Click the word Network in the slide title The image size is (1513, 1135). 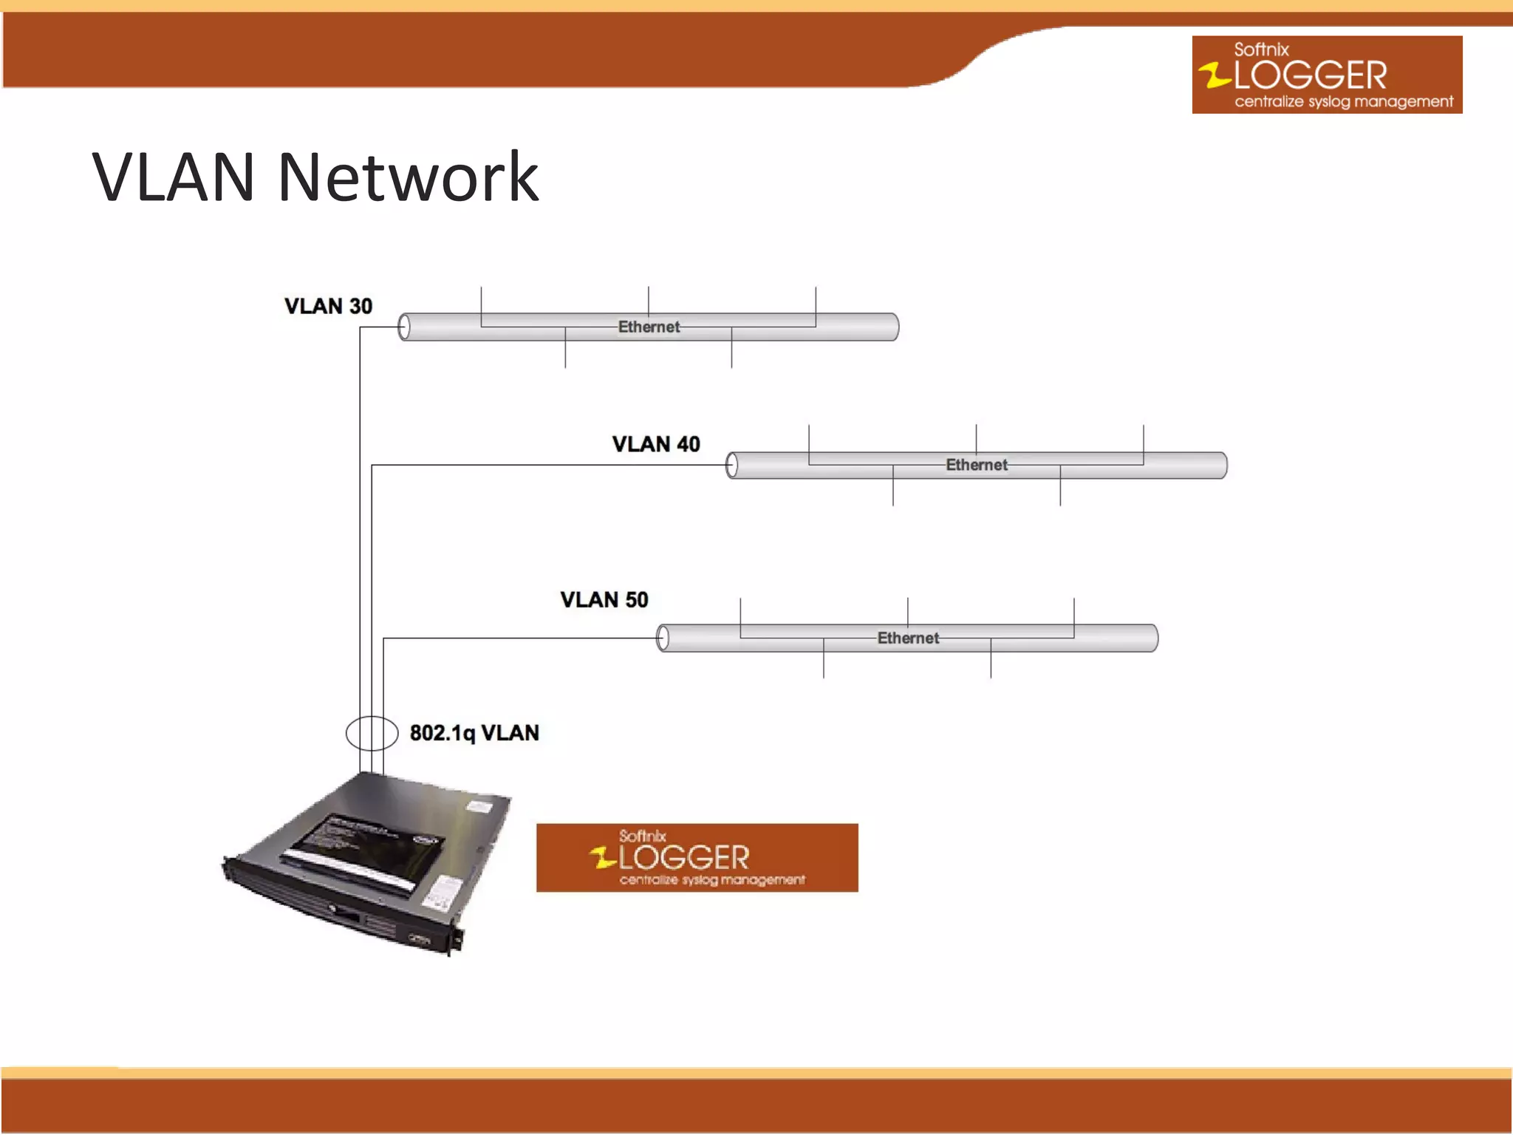[408, 177]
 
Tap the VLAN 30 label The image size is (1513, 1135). [328, 306]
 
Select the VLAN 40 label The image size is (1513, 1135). [656, 444]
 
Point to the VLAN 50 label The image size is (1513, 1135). [604, 599]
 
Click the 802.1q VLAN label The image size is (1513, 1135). [474, 733]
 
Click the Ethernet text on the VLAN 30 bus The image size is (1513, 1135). [649, 327]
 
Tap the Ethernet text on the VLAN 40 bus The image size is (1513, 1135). [976, 465]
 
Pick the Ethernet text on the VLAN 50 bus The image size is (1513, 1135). [908, 638]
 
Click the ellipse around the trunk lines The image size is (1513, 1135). [348, 733]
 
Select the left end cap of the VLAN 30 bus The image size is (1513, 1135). [404, 327]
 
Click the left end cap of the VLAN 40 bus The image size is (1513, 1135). [731, 466]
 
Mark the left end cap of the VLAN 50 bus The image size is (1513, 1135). [663, 638]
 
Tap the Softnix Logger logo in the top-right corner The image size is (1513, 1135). [1327, 75]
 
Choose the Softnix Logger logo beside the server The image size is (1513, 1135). [697, 858]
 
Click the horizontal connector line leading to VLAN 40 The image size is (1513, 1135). [547, 465]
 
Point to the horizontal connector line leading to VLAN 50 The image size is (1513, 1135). [517, 638]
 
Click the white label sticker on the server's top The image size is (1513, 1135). [479, 806]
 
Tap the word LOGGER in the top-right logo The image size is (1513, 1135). [1310, 75]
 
